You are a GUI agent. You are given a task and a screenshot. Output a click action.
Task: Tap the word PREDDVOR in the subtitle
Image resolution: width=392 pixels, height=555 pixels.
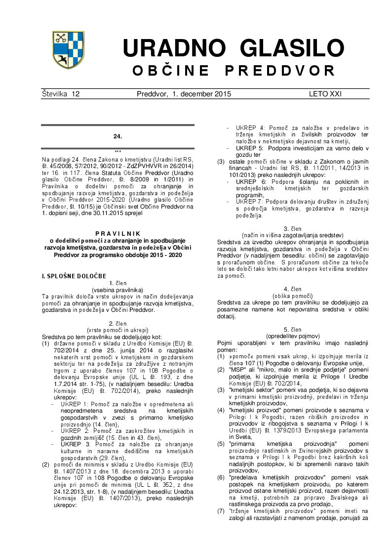280,70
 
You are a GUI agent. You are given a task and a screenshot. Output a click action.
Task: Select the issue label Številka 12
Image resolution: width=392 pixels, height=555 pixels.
61,94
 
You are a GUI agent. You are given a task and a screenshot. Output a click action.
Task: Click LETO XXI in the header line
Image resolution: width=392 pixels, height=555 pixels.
325,94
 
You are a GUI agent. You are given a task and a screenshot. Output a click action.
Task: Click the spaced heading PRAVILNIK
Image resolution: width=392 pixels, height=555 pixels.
118,233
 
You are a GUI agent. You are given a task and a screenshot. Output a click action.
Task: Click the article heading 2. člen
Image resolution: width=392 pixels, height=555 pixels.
118,322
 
